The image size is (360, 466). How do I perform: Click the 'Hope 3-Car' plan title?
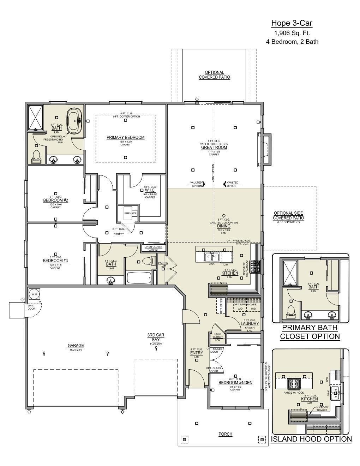click(x=292, y=23)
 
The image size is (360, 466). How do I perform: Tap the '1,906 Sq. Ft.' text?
click(x=292, y=33)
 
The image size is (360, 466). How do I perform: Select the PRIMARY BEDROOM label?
click(x=125, y=137)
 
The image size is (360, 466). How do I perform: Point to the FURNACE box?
click(x=130, y=214)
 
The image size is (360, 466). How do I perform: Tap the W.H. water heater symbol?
click(x=35, y=294)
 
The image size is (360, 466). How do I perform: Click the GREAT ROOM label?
click(x=214, y=148)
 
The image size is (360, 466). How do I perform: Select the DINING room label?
click(x=224, y=226)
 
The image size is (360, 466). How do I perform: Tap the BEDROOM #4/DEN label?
click(x=235, y=383)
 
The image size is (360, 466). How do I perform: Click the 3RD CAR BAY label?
click(x=156, y=337)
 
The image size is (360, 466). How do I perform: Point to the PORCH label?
click(x=225, y=434)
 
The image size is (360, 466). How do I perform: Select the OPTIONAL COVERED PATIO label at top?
click(x=214, y=75)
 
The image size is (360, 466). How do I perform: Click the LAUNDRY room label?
click(x=250, y=323)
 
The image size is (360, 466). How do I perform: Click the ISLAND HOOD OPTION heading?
click(x=311, y=439)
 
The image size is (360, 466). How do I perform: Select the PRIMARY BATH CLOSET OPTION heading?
click(x=310, y=332)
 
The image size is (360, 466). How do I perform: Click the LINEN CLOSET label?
click(x=154, y=247)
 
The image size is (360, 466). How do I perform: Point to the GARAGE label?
click(x=76, y=346)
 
